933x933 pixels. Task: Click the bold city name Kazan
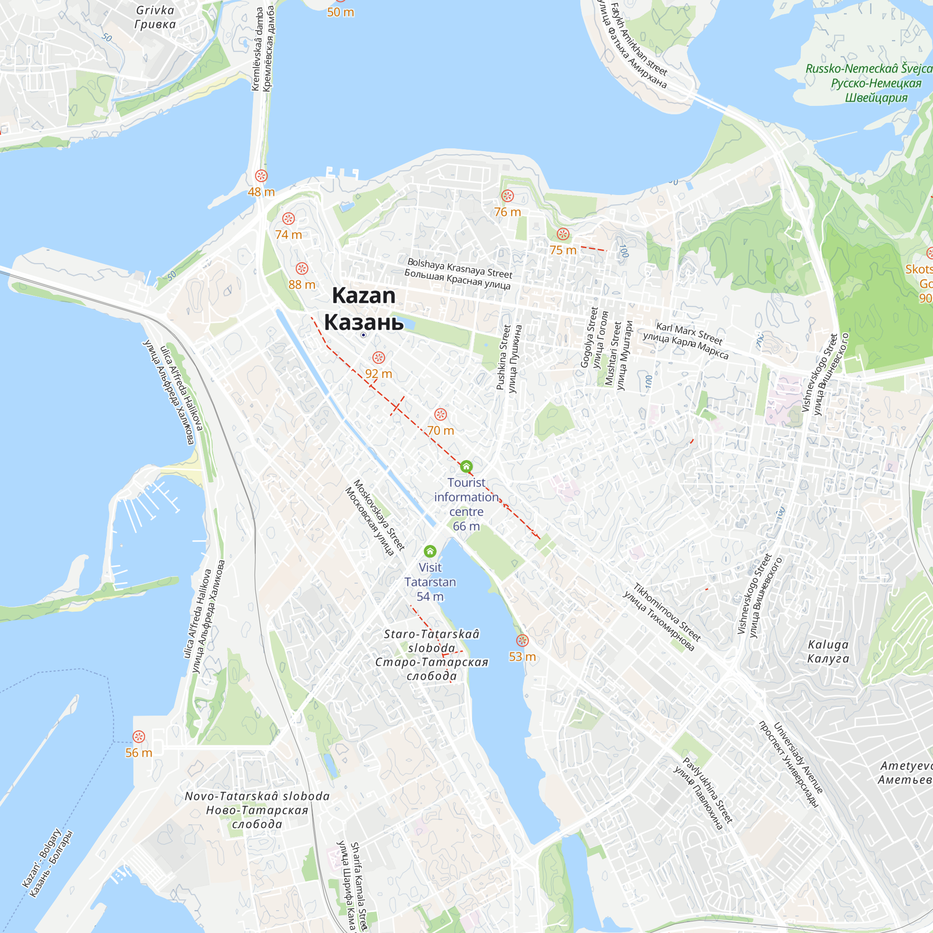tap(364, 296)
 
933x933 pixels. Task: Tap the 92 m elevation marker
tap(379, 358)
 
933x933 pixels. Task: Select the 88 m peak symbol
tap(302, 269)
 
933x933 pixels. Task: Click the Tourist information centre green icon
tap(466, 466)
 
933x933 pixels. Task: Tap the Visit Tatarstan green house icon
tap(430, 551)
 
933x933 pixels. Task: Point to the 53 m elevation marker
tap(522, 641)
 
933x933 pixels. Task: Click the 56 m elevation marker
tap(139, 737)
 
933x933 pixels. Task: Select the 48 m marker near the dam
tap(261, 176)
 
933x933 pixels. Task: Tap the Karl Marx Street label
tap(689, 334)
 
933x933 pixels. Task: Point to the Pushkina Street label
tap(503, 357)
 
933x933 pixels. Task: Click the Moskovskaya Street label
tap(379, 515)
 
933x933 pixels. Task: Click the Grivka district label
tap(155, 10)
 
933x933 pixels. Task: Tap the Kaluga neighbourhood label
tap(828, 645)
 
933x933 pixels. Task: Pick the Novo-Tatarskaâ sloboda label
tap(257, 796)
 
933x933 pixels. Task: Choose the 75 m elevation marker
tap(563, 234)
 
